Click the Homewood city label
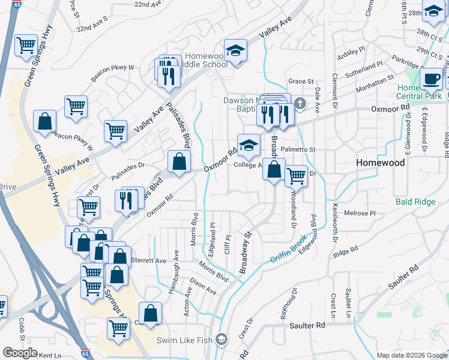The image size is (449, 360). (x=380, y=163)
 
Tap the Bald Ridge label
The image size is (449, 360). (x=415, y=202)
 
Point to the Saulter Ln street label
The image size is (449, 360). (x=348, y=303)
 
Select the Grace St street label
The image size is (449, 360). (x=301, y=81)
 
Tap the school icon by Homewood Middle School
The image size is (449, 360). (x=236, y=50)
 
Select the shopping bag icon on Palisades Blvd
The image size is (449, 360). (x=179, y=161)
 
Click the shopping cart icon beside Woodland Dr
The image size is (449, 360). (x=296, y=176)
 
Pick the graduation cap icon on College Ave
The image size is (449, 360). (x=248, y=145)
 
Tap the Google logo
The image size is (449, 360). (x=20, y=353)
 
